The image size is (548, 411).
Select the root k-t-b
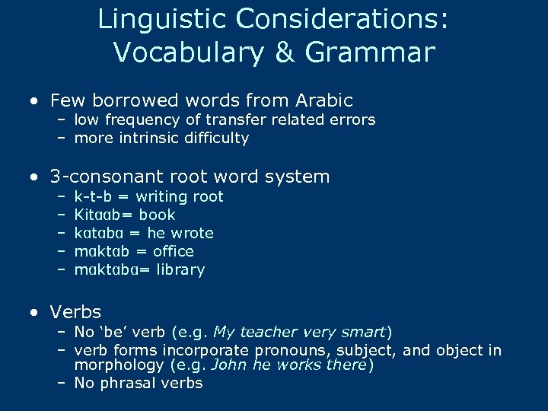tap(92, 196)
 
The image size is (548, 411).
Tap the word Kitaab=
tap(103, 215)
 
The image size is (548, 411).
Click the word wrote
tap(192, 233)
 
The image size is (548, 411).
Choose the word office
tap(174, 251)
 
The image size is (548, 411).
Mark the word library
tap(180, 269)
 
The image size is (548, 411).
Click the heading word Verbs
tap(75, 312)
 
